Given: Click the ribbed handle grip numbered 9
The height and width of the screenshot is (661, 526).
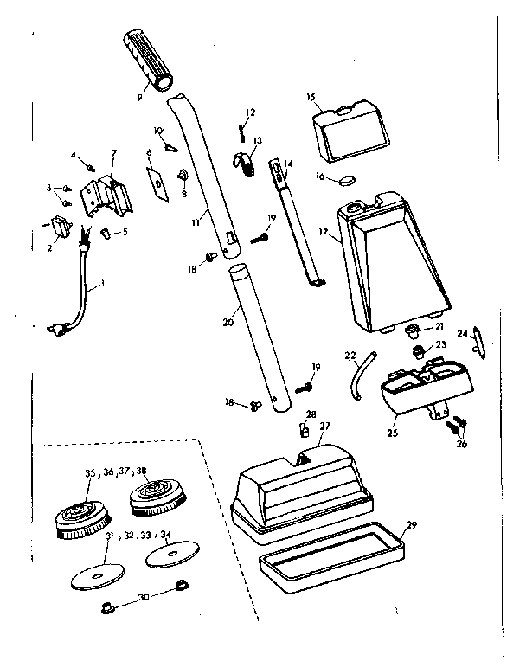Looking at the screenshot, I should (151, 60).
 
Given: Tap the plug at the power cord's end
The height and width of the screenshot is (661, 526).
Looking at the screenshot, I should (57, 328).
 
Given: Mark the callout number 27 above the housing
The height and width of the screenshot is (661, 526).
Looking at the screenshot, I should (324, 425).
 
